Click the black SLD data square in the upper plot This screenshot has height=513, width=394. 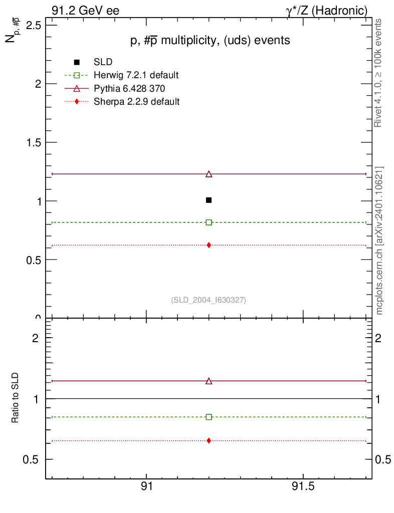point(209,200)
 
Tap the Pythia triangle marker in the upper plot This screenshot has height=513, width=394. point(209,174)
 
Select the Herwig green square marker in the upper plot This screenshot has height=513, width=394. point(209,222)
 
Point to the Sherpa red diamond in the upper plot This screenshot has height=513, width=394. point(209,245)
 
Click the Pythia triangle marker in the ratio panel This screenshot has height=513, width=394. point(209,381)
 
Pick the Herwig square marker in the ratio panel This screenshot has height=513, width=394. point(209,417)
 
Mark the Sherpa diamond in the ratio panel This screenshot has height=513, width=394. point(209,440)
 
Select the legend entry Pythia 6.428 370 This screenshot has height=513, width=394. point(129,89)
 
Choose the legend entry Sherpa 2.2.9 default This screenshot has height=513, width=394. point(136,102)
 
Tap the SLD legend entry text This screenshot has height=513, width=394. point(103,63)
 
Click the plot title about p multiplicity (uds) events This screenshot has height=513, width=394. point(210,41)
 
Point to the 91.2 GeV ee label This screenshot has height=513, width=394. point(85,11)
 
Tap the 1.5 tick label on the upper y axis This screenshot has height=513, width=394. point(33,143)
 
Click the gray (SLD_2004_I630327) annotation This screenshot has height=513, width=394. point(209,300)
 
